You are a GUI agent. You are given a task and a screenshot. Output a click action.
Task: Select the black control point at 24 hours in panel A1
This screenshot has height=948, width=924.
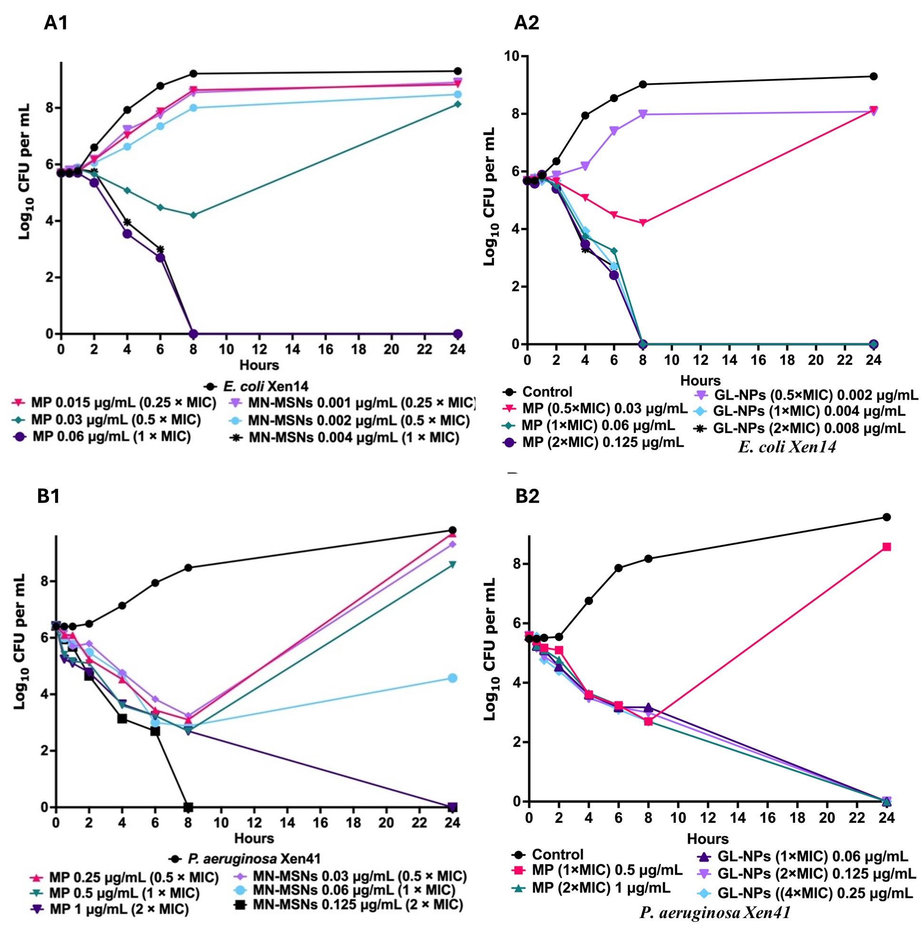457,71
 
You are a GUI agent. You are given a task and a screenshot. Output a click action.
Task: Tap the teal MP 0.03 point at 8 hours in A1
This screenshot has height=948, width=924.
193,215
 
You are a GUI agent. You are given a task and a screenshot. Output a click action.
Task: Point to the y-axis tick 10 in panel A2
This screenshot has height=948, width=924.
510,56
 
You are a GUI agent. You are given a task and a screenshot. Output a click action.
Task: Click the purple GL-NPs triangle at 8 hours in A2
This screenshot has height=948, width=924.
643,115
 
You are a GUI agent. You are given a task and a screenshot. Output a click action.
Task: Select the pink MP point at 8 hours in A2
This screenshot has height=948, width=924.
643,222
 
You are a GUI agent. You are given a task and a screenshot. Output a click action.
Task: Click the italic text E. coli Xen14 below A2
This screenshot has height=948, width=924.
787,447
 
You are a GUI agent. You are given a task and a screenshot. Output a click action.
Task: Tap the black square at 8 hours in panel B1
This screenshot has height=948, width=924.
188,807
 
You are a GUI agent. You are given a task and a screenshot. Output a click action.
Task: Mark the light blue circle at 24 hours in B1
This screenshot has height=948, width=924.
452,678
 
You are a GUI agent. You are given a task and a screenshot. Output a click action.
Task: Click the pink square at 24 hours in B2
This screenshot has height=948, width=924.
886,547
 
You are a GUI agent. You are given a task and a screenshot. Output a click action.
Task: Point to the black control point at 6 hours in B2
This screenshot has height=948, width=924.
618,568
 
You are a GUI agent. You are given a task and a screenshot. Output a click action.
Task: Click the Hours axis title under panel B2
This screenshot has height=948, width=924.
708,838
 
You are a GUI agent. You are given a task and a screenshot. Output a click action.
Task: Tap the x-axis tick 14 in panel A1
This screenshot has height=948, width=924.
292,349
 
